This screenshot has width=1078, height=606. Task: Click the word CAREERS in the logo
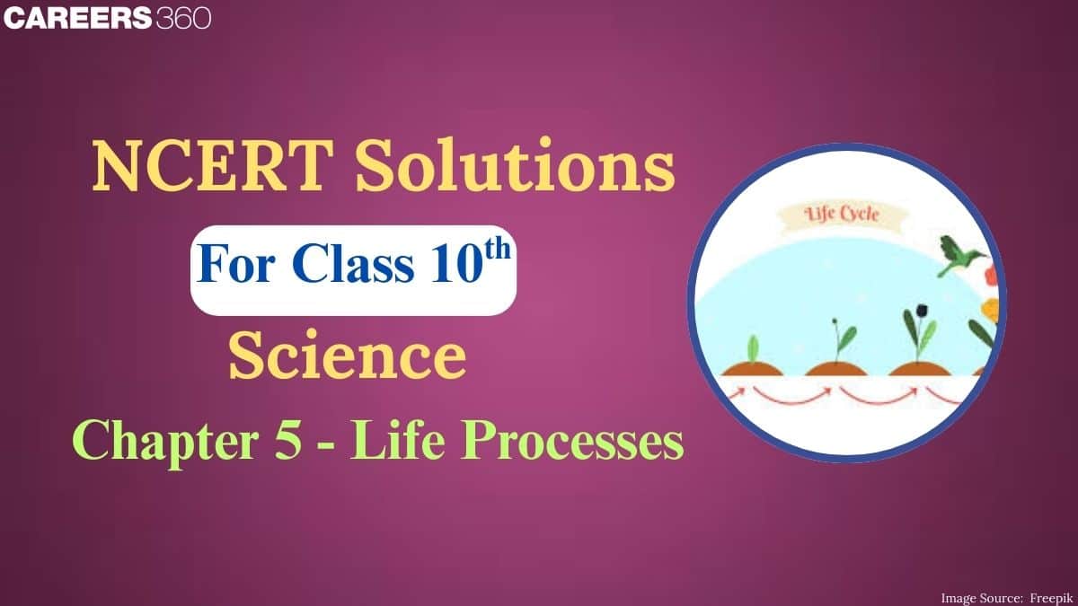pos(76,19)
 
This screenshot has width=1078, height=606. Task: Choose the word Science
pos(347,356)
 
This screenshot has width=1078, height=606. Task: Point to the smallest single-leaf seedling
pos(753,347)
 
